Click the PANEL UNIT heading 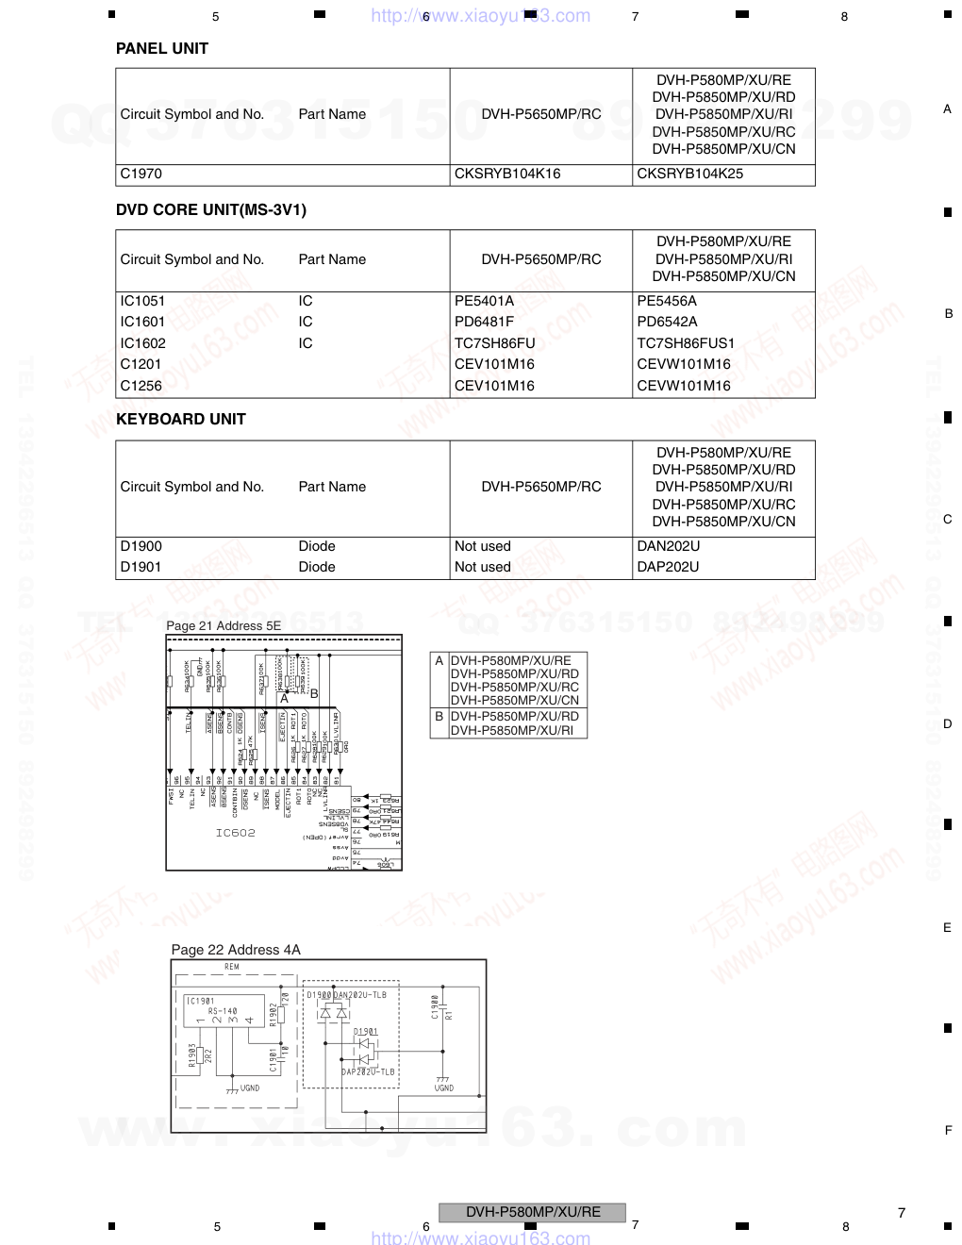(161, 48)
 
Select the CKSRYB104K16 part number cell (506, 174)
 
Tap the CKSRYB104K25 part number (689, 174)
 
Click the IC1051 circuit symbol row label (142, 301)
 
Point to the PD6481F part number (484, 322)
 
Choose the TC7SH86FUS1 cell (685, 343)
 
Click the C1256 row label (141, 386)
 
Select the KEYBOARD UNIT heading (180, 419)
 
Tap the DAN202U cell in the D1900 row (668, 546)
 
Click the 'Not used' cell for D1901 (482, 567)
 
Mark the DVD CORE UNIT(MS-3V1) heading (210, 209)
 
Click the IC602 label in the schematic (235, 833)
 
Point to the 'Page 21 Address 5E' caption (224, 625)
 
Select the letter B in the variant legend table (439, 716)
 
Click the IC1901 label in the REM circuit (200, 1001)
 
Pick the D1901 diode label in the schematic (366, 1032)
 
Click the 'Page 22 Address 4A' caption (236, 950)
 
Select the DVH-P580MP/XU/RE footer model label (532, 1212)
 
